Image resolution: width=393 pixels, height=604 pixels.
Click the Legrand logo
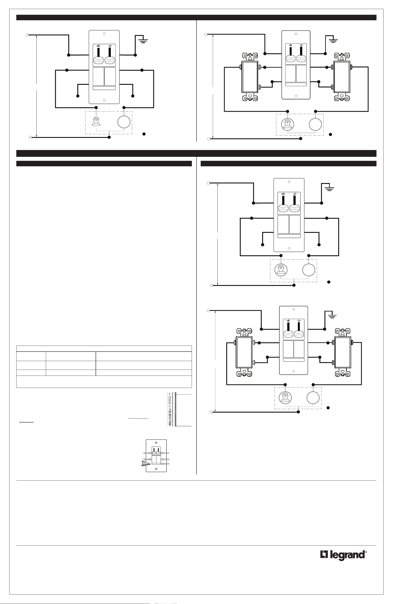coord(343,555)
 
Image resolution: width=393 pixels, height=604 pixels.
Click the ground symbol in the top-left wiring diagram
coord(143,40)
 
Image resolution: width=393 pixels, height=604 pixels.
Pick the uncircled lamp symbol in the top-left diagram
coord(96,121)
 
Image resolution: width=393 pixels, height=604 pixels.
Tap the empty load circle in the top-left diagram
coord(124,122)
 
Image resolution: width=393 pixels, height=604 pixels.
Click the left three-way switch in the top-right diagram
coord(250,76)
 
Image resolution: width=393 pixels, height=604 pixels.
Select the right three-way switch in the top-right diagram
coord(341,76)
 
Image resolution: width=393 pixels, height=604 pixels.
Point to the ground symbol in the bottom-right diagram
coord(332,316)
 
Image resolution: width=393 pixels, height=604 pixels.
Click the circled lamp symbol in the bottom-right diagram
coord(285,398)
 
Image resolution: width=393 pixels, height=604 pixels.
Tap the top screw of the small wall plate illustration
coord(156,443)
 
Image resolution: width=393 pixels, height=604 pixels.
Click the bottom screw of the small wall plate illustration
coord(156,469)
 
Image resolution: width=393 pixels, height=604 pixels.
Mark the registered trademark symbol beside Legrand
coord(366,552)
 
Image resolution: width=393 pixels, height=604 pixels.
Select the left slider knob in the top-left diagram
coord(98,60)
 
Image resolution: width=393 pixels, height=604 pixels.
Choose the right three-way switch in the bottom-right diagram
coord(343,352)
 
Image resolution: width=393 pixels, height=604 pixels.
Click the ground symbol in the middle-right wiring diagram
coord(330,188)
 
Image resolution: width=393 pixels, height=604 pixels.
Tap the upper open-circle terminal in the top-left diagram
coord(27,35)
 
